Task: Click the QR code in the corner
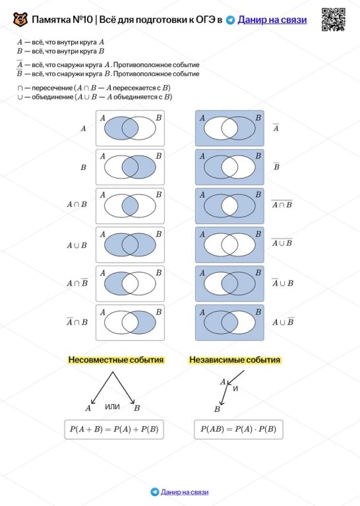point(334,20)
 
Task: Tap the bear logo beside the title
point(20,20)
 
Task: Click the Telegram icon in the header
point(230,20)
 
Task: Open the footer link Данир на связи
point(185,492)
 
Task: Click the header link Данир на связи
point(272,20)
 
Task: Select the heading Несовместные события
point(116,360)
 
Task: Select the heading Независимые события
point(235,360)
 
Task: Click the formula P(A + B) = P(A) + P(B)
point(114,429)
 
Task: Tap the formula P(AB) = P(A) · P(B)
point(238,429)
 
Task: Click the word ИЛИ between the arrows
point(112,407)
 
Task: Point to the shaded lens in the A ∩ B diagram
point(130,206)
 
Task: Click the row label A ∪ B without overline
point(77,245)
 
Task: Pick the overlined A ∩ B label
point(282,204)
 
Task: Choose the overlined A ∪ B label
point(282,242)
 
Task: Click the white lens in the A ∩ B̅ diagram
point(130,284)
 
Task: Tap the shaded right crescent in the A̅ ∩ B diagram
point(147,322)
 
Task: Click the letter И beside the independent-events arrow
point(235,389)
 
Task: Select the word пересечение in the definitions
point(52,88)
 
